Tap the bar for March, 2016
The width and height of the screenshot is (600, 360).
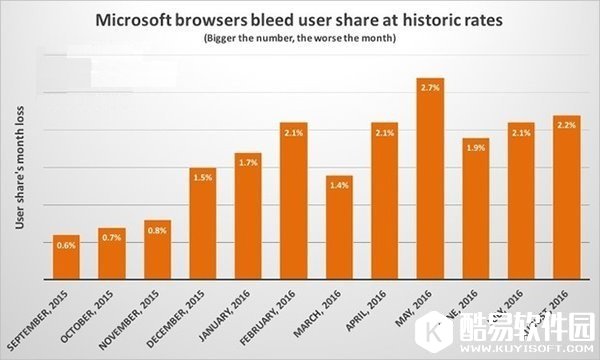(340, 227)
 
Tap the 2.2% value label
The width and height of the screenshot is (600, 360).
(567, 126)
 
